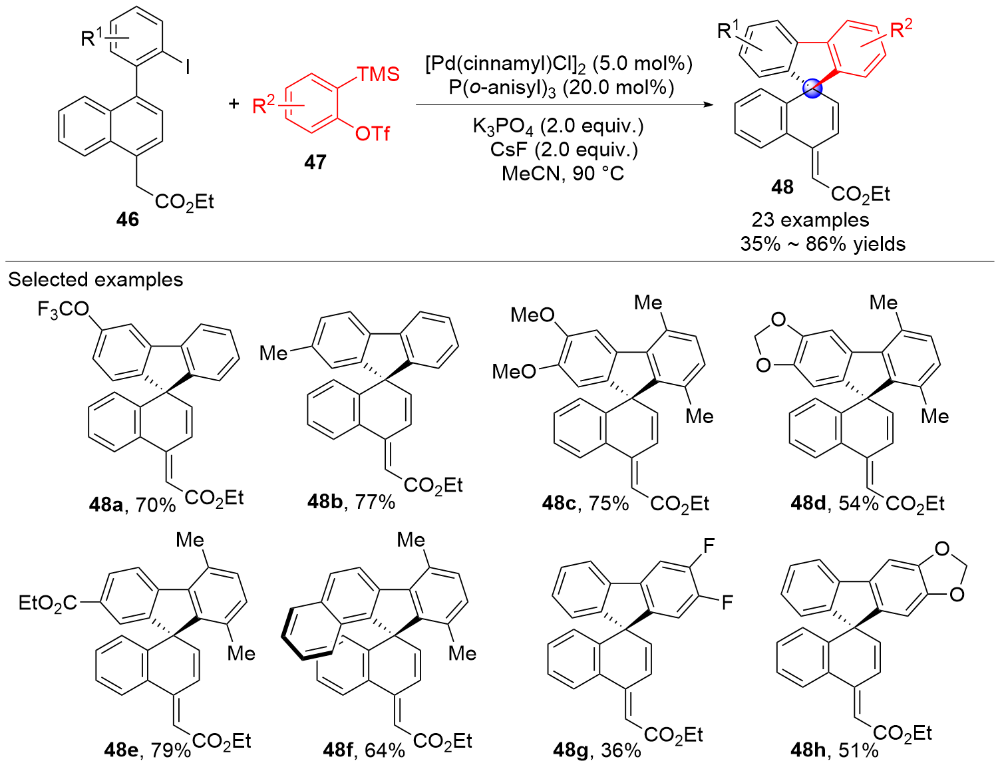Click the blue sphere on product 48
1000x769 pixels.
812,89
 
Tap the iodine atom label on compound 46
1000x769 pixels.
188,67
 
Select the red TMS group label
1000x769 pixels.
378,74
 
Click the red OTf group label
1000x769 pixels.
372,134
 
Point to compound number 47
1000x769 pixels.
315,162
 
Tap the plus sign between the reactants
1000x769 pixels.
234,104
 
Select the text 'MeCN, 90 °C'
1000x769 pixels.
562,174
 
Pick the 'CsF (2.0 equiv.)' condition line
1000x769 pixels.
564,150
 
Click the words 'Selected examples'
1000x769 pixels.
95,279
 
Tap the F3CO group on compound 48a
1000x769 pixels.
63,309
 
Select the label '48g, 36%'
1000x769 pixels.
597,750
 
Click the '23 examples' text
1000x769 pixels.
810,220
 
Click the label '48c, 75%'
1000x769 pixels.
585,503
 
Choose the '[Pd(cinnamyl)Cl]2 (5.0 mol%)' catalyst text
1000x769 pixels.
559,63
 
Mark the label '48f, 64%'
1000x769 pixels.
363,750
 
